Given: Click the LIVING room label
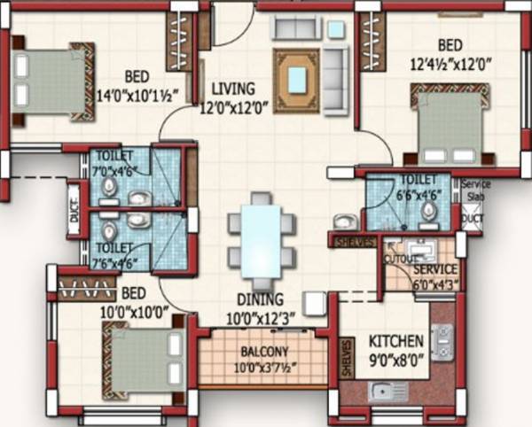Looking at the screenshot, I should point(233,89).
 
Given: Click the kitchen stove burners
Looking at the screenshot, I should point(442,338).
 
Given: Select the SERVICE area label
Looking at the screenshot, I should point(435,269).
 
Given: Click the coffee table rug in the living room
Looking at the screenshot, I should point(294,74).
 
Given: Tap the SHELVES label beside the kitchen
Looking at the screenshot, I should point(345,358).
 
